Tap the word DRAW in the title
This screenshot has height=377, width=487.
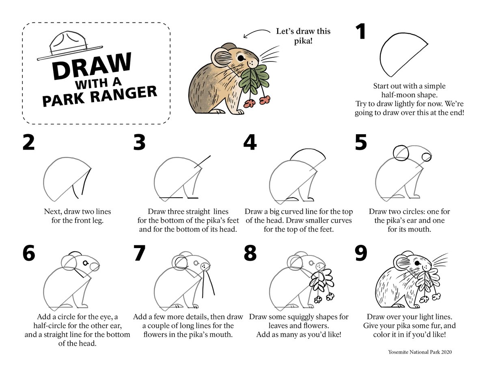click(91, 66)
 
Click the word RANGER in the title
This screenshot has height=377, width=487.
click(123, 94)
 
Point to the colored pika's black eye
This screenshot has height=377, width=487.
click(241, 58)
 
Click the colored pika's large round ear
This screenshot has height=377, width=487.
click(222, 57)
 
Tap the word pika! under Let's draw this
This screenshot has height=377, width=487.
click(303, 41)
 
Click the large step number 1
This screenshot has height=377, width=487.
click(360, 32)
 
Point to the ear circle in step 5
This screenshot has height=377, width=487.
click(393, 153)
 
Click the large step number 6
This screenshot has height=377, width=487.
click(29, 253)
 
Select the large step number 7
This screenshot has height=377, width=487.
click(139, 253)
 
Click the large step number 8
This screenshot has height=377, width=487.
click(250, 253)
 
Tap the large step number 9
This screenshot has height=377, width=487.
click(361, 253)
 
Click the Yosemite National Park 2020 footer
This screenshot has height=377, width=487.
click(420, 352)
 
